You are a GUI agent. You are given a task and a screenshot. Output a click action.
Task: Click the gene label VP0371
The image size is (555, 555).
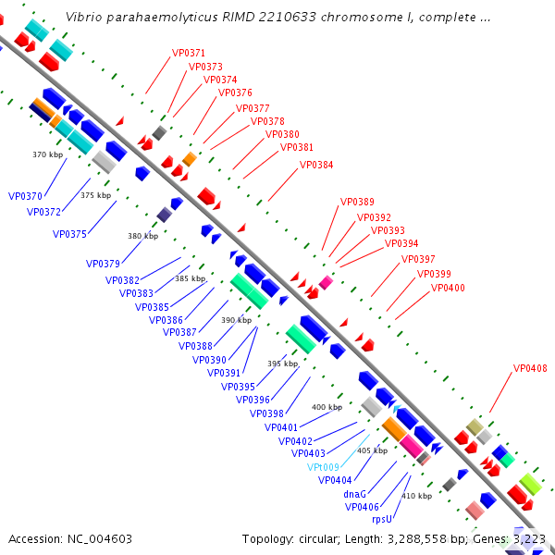click(189, 54)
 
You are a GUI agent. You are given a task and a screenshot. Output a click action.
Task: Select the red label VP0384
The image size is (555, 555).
click(316, 165)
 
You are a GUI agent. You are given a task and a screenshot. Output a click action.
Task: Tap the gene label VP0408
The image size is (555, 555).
click(530, 368)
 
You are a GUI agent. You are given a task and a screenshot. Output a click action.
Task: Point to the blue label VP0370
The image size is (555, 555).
click(25, 196)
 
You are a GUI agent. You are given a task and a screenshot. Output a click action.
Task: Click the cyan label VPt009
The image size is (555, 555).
click(323, 467)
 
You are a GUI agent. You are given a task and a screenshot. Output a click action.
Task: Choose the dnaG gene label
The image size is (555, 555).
click(355, 494)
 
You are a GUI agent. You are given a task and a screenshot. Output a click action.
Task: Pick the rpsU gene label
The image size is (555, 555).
click(382, 519)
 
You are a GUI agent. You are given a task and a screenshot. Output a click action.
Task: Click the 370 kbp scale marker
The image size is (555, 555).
click(46, 154)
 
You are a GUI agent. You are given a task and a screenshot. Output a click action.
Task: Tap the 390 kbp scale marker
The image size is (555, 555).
click(236, 320)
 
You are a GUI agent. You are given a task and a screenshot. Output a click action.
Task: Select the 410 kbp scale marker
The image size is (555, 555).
click(415, 496)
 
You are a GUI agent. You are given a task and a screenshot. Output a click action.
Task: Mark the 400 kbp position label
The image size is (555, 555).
click(327, 407)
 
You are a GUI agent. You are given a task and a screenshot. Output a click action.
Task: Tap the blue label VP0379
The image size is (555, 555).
click(104, 264)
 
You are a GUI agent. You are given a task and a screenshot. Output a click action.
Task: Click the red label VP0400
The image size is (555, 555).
click(448, 288)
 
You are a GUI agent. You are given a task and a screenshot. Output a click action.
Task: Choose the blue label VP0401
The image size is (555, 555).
click(281, 427)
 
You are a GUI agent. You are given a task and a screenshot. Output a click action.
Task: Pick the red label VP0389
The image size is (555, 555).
click(357, 202)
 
